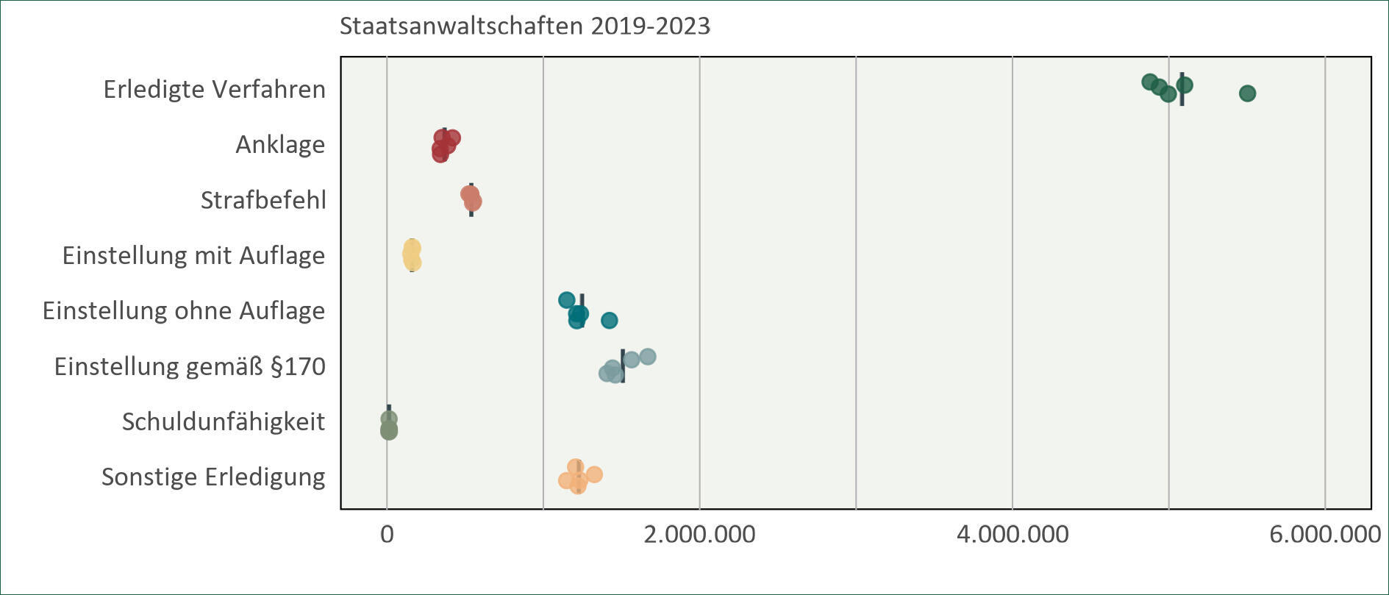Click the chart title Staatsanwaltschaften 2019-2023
524,26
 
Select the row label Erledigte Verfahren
214,90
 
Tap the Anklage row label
279,145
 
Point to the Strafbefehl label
263,200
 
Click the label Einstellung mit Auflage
193,256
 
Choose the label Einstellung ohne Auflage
183,311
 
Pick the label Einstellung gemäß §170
189,366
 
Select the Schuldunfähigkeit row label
223,422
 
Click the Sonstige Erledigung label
213,477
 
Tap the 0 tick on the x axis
387,535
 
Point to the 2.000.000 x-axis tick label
699,535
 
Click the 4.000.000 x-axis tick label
1013,535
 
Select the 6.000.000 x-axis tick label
1324,535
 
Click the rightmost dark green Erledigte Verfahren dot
1247,93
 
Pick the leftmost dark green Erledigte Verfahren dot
1149,82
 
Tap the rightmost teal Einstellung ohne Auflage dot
609,321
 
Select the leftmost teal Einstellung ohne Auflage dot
566,300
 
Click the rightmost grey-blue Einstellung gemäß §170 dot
648,357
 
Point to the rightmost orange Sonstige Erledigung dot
594,474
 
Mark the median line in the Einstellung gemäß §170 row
623,366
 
